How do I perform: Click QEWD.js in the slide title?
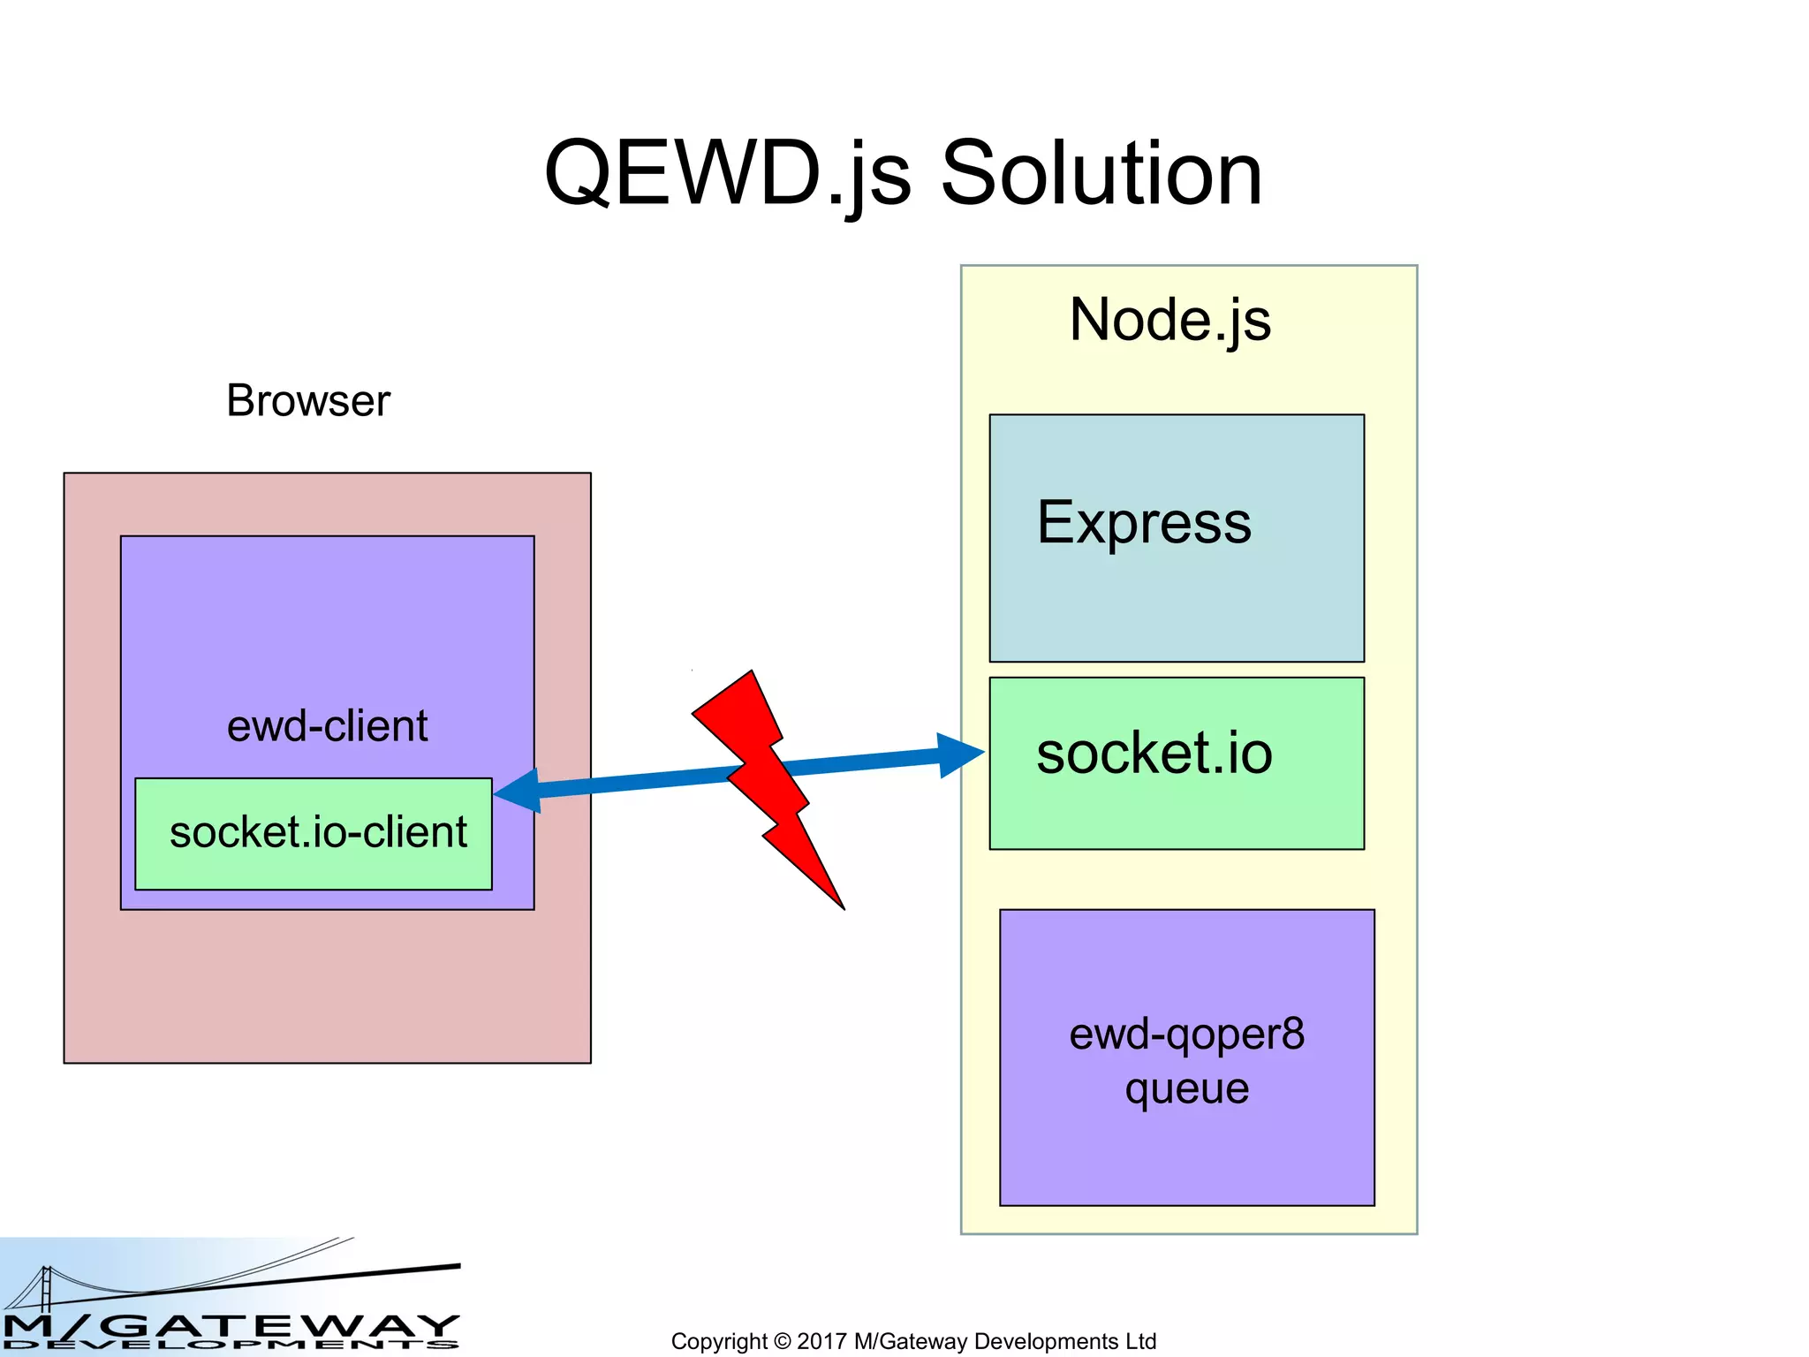coord(727,174)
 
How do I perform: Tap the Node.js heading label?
coord(1169,320)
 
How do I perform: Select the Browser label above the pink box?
coord(307,401)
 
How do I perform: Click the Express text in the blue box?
coord(1144,523)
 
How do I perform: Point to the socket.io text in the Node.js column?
coord(1154,754)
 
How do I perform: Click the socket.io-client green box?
coord(314,833)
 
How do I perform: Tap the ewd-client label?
coord(327,726)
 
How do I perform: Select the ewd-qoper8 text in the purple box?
coord(1186,1035)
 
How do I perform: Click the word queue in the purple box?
coord(1186,1088)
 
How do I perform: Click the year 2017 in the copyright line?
coord(821,1341)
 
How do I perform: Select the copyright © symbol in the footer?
coord(782,1341)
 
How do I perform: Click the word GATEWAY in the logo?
coord(283,1325)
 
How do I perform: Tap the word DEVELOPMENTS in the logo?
coord(230,1346)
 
